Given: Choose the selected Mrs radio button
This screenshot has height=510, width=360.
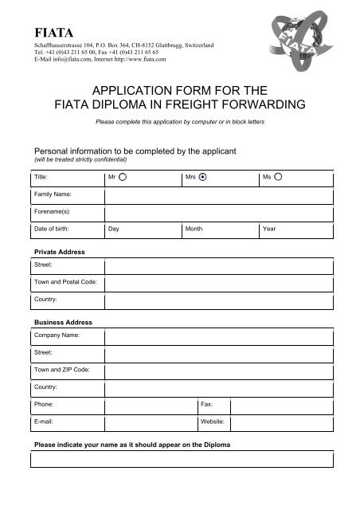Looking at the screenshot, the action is pyautogui.click(x=203, y=178).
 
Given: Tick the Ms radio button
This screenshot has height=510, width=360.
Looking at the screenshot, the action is pyautogui.click(x=279, y=178).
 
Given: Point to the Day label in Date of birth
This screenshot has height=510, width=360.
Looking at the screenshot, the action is pyautogui.click(x=115, y=229).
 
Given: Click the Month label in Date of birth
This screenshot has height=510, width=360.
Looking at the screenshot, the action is pyautogui.click(x=194, y=229).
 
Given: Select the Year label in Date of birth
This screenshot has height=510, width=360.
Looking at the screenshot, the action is pyautogui.click(x=269, y=229).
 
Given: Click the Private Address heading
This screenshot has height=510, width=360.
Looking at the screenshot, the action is pyautogui.click(x=57, y=252).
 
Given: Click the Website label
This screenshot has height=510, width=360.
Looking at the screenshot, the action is pyautogui.click(x=213, y=421).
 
